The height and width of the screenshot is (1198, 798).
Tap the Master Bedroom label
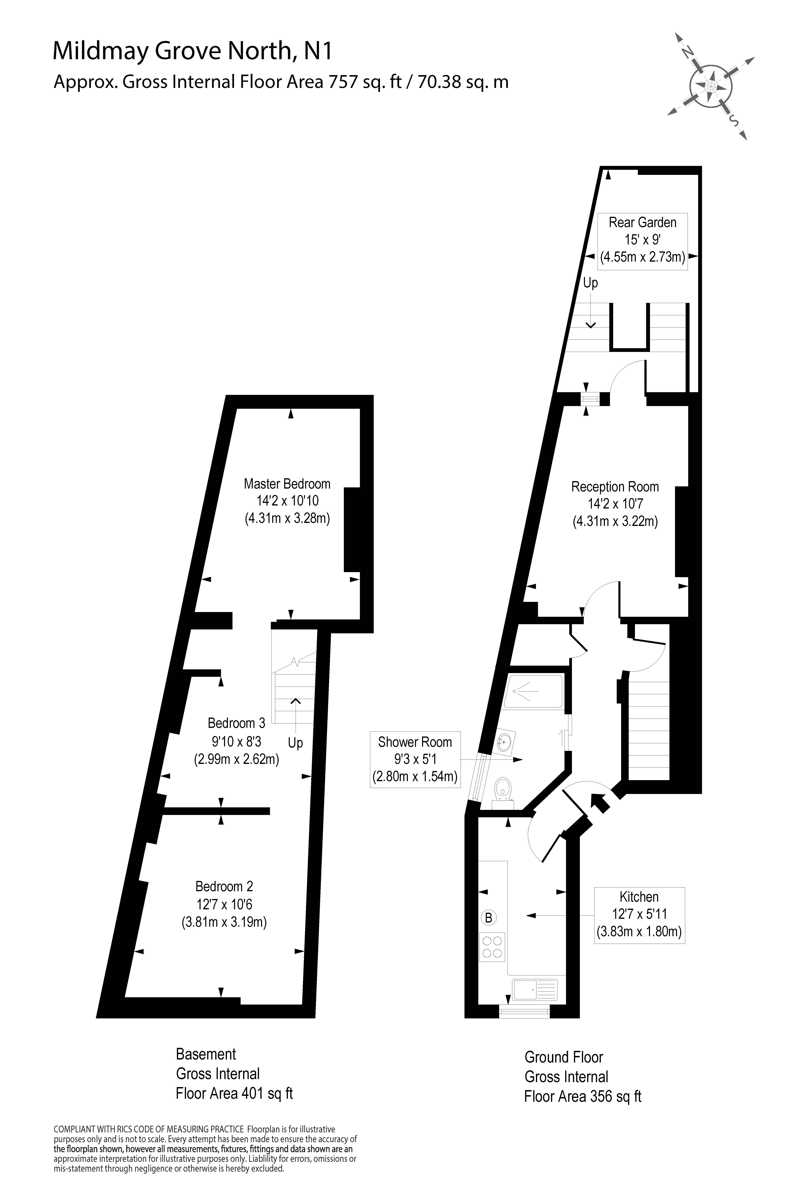287,484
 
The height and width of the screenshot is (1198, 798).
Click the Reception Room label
615,487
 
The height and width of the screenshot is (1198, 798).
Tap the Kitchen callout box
639,914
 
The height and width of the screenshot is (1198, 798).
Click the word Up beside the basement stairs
295,743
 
